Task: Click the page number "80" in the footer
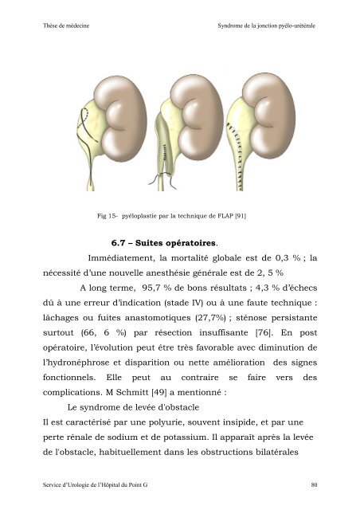[315, 483]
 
